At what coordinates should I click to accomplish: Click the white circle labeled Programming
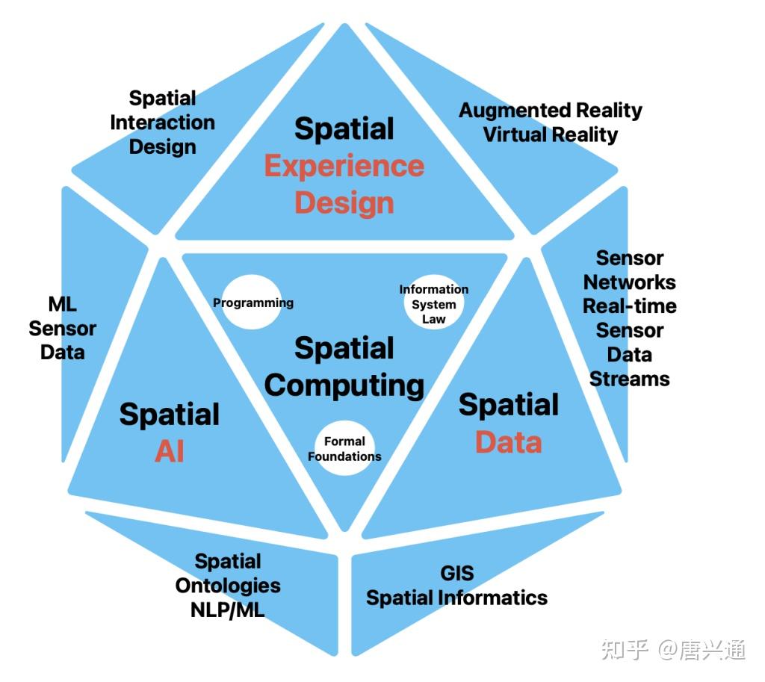pos(253,303)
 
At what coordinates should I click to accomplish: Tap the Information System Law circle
pos(434,304)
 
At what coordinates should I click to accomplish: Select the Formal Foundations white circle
pos(344,449)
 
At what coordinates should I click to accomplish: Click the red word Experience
pos(344,166)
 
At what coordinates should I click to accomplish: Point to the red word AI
pos(170,451)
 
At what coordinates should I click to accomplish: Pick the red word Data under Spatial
pos(509,442)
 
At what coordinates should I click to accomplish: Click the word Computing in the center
pos(344,385)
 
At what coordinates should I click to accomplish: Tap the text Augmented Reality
pos(551,111)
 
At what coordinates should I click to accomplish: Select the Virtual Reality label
pos(551,135)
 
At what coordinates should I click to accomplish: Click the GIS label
pos(456,574)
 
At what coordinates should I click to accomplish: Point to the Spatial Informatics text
pos(456,598)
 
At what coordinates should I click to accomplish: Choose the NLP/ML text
pos(228,610)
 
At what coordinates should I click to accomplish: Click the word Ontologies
pos(228,586)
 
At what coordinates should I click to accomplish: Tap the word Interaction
pos(162,123)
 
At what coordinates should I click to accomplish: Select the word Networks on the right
pos(630,282)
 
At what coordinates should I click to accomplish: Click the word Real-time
pos(630,306)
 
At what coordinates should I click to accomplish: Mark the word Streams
pos(630,379)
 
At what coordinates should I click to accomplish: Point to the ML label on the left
pos(63,305)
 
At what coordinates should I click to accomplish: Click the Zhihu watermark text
pos(673,650)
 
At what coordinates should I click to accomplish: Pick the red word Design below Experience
pos(344,203)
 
